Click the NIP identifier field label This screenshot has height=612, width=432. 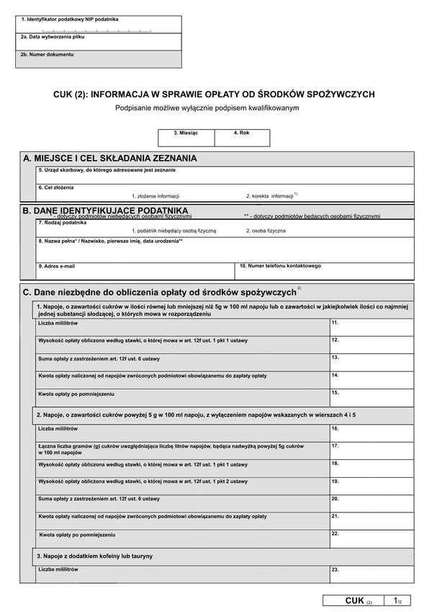click(x=70, y=19)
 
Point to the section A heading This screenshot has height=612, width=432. click(x=110, y=159)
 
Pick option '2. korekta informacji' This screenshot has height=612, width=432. click(x=271, y=196)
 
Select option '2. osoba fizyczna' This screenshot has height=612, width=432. click(x=266, y=231)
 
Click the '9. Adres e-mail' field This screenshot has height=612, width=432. click(x=137, y=271)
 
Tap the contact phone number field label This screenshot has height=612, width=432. click(x=281, y=266)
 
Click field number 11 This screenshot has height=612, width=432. click(x=372, y=327)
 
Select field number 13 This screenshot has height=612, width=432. click(x=372, y=363)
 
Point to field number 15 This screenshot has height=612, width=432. click(x=372, y=398)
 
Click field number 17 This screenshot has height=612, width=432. click(x=372, y=451)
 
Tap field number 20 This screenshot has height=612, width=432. click(x=372, y=503)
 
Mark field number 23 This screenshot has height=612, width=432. click(x=372, y=574)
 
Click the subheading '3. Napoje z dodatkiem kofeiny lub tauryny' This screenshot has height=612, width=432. click(x=95, y=556)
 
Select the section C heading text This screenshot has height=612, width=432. click(x=160, y=292)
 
